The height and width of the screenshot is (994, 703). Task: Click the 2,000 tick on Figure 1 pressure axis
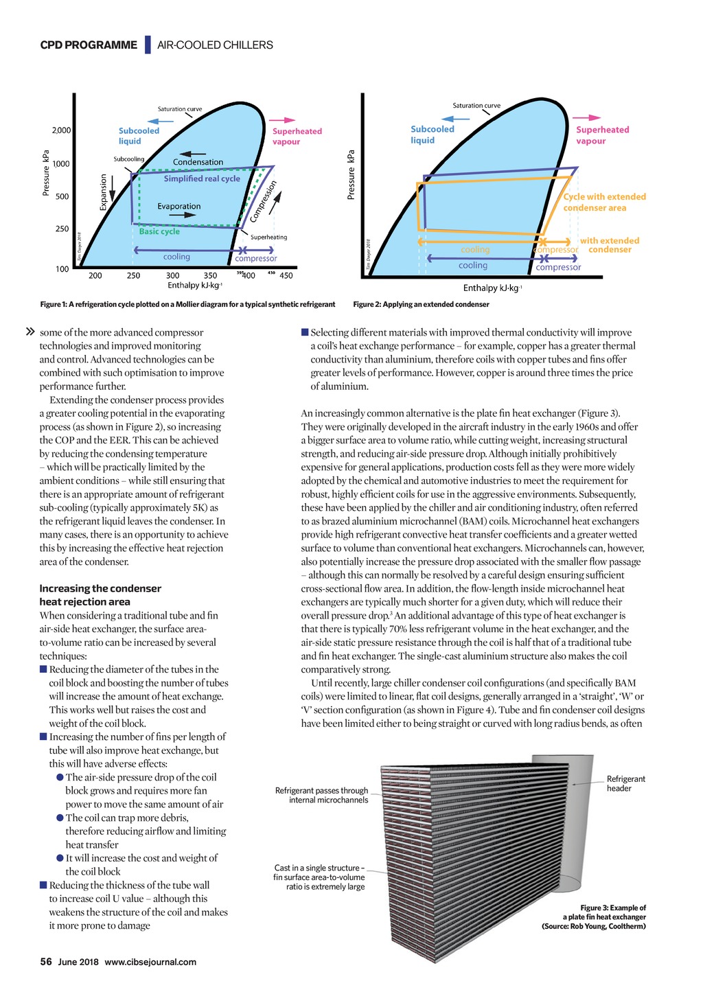point(62,130)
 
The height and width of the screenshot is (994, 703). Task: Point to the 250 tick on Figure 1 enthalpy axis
point(133,276)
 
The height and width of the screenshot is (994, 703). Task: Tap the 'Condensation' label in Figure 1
point(198,162)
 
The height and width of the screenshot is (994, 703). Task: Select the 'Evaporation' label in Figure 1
point(178,206)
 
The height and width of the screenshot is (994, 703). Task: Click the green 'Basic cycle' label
point(159,231)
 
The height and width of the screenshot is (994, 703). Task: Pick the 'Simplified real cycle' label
point(202,178)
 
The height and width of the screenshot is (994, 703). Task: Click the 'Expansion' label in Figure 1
point(104,192)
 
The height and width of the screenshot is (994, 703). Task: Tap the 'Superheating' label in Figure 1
point(269,238)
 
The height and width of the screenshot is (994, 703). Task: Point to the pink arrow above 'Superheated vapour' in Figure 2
point(588,118)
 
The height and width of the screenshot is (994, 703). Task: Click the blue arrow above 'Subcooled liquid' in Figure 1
point(162,120)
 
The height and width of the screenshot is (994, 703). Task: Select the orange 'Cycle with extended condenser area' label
point(604,202)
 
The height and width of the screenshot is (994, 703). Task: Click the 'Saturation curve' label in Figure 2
point(476,106)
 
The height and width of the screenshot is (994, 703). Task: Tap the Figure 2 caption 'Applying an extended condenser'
point(421,304)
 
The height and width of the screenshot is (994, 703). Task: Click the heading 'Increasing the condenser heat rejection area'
point(100,594)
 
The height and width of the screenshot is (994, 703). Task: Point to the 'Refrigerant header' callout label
point(625,783)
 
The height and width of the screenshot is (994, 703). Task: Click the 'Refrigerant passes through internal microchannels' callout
point(321,795)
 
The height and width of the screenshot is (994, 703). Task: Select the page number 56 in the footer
point(46,962)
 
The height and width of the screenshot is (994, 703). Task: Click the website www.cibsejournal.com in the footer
point(150,962)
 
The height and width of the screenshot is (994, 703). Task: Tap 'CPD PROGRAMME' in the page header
point(89,45)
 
